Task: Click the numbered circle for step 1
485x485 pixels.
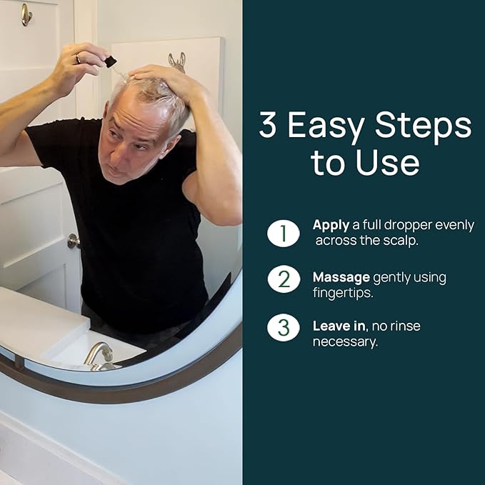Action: coord(284,233)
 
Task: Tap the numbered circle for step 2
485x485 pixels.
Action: coord(284,279)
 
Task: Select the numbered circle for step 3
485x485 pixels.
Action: coord(284,328)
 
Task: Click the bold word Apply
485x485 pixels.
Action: coord(331,226)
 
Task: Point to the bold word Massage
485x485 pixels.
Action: coord(341,278)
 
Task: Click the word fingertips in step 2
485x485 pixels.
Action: coord(343,293)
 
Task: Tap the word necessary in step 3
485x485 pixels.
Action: coord(345,342)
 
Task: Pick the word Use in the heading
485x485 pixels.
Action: coord(388,162)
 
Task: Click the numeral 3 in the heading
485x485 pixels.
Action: coord(267,124)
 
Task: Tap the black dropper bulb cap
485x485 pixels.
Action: coord(110,61)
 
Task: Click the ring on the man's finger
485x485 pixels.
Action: coord(78,59)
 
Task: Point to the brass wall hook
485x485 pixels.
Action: coord(26,14)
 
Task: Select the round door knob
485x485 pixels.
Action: coord(74,241)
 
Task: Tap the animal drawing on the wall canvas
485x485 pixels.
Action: coord(177,62)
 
